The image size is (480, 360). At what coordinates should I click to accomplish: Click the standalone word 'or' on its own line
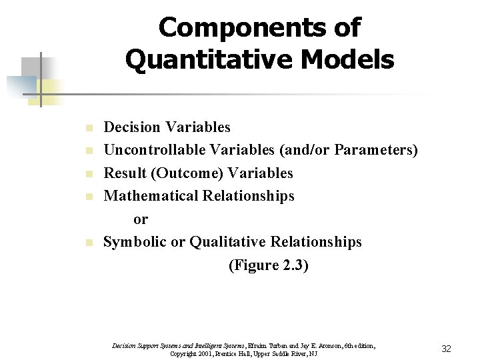pyautogui.click(x=141, y=219)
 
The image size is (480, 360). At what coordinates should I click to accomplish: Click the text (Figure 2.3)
pyautogui.click(x=269, y=265)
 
